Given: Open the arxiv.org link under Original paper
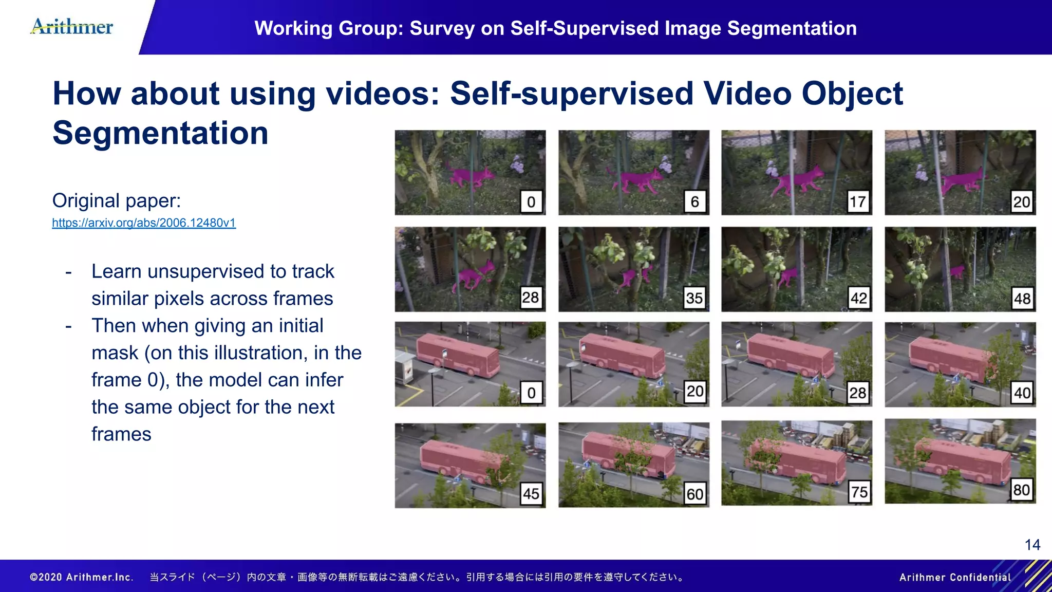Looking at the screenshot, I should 144,223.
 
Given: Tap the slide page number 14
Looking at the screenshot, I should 1032,545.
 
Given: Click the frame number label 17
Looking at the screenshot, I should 858,202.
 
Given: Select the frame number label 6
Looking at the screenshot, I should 694,202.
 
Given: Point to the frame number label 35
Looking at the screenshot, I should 694,298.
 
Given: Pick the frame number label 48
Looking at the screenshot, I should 1022,298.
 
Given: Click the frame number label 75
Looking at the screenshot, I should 859,492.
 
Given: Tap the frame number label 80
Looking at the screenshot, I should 1021,490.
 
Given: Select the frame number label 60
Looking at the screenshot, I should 695,494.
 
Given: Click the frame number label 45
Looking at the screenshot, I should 531,494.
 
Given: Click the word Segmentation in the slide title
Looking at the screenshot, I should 160,133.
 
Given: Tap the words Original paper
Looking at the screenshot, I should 117,200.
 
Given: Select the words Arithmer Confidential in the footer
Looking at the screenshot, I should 954,577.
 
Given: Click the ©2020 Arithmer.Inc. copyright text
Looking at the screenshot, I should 82,577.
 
